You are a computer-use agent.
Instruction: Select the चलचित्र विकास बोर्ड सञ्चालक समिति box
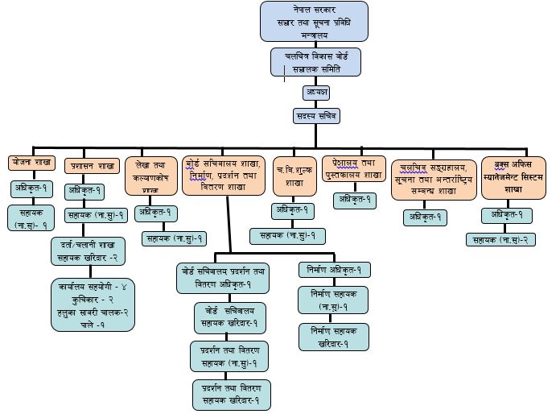tap(315, 63)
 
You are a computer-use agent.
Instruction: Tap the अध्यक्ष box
tap(315, 93)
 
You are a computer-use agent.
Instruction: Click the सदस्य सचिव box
tap(315, 116)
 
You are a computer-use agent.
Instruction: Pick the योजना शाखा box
tap(31, 162)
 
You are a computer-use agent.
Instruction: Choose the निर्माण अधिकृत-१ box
tap(335, 269)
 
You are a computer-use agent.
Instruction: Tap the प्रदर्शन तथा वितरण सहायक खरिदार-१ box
tap(232, 395)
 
